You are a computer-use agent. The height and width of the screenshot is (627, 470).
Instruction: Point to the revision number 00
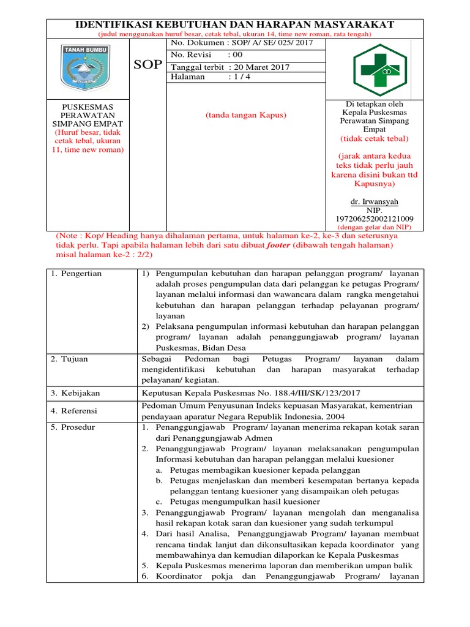coord(235,55)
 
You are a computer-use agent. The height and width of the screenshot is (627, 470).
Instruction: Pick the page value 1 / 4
coord(239,77)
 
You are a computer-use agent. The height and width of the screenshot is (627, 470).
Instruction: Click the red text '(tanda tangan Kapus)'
coord(247,115)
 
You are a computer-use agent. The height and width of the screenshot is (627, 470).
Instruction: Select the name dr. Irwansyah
coord(374,201)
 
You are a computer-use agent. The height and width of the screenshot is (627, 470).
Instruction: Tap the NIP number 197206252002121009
coord(374,219)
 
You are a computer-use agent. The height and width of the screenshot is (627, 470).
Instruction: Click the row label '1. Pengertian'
coord(76,274)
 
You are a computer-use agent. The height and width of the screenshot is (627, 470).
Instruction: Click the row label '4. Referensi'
coord(74,411)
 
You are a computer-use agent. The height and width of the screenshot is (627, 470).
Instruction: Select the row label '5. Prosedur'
coord(73,427)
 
